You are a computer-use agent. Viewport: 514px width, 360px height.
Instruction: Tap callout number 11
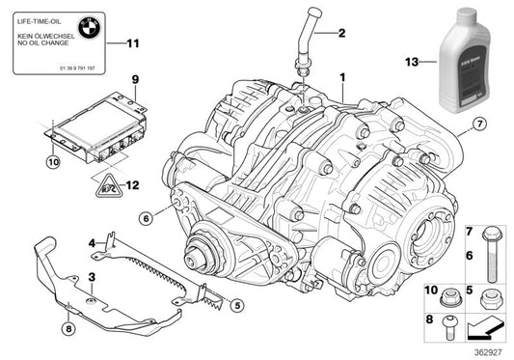(x=134, y=42)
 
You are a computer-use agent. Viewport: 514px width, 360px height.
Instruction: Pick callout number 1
(x=340, y=74)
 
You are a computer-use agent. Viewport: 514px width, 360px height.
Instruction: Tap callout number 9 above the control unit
(x=135, y=77)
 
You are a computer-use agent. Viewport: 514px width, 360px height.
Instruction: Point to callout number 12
(x=133, y=181)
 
